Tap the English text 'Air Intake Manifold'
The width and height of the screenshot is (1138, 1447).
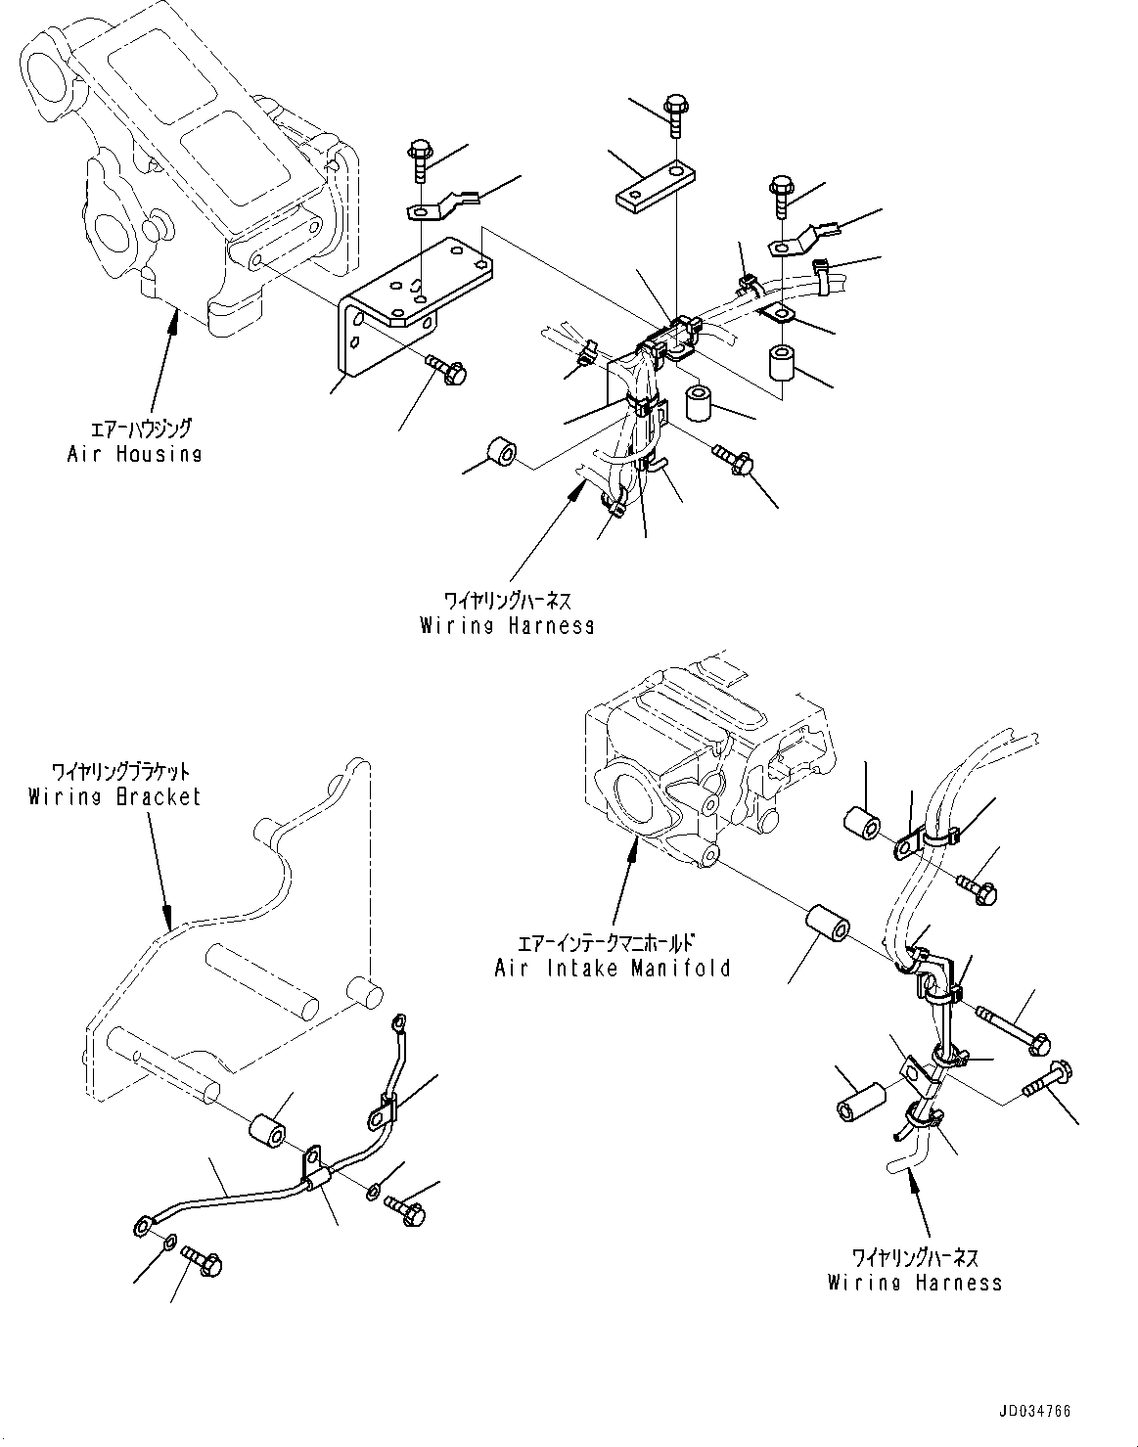point(613,969)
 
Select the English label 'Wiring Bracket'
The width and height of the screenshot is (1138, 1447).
point(114,796)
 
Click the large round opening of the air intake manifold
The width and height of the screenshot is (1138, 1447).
point(628,805)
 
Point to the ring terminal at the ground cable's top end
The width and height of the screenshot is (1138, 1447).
point(397,1023)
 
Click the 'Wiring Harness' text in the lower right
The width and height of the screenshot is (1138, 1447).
point(914,1282)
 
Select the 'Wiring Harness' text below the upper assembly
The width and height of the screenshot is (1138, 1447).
point(507,625)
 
